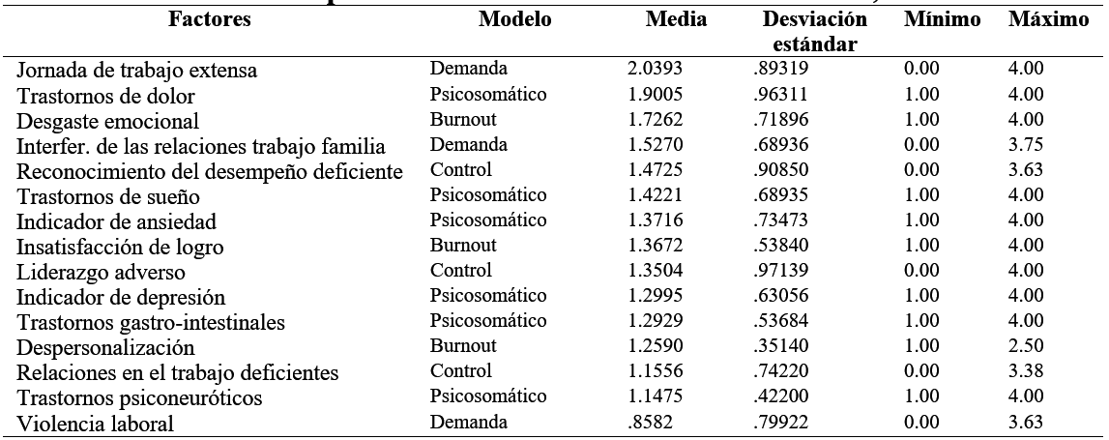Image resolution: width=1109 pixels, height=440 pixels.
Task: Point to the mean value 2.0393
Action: [x=654, y=70]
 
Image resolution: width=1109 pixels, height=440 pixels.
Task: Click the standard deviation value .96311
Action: [x=781, y=95]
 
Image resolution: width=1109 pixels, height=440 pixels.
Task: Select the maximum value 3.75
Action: [x=1024, y=145]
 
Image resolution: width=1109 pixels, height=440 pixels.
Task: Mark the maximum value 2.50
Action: [x=1024, y=346]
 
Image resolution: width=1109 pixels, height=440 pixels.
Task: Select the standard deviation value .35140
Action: [x=781, y=346]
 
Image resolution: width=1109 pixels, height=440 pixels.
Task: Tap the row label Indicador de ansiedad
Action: [x=107, y=221]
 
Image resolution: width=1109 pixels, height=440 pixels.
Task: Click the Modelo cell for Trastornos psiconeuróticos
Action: [x=489, y=396]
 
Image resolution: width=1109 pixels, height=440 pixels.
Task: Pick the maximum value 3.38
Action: [x=1024, y=371]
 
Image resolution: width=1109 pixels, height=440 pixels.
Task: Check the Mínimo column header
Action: [x=943, y=20]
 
